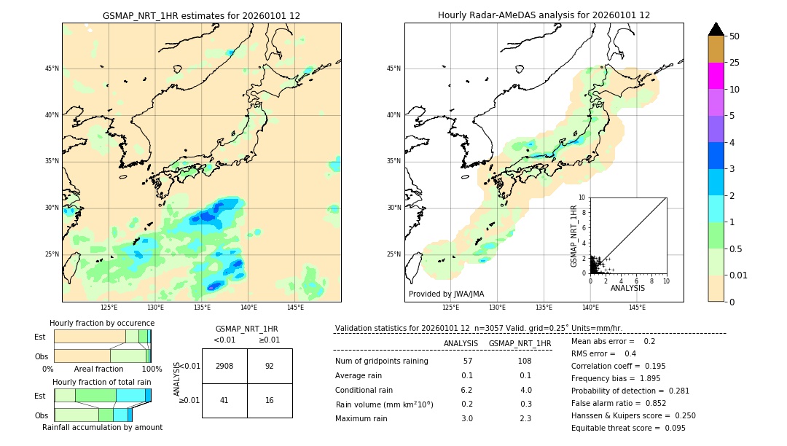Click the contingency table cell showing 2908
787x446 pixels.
[x=224, y=366]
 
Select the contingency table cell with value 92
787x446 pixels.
[x=270, y=366]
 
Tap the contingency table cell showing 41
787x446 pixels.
[x=224, y=400]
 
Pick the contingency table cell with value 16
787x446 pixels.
[x=270, y=400]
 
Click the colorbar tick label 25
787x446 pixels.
[x=735, y=63]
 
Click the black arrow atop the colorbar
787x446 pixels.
[x=716, y=29]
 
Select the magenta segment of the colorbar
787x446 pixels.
[x=716, y=76]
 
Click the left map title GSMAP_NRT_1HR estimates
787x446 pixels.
[x=201, y=15]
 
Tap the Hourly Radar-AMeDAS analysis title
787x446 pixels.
[x=544, y=15]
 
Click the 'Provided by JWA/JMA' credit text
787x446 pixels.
[x=446, y=294]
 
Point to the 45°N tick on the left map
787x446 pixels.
[x=52, y=69]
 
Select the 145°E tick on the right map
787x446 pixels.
[x=637, y=308]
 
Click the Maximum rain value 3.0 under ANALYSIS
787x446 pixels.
[x=467, y=418]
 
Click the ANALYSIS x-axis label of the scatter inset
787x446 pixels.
[x=627, y=288]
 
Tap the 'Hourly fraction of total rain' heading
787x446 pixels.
[x=102, y=382]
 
